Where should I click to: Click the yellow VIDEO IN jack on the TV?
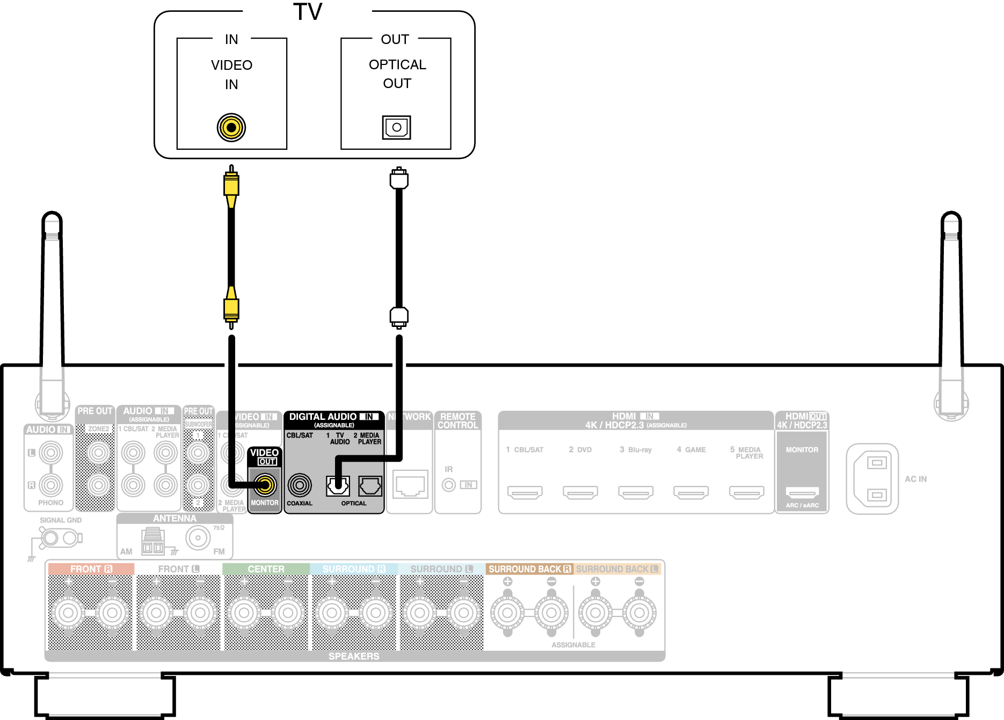click(x=231, y=128)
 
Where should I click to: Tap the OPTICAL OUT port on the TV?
click(x=397, y=127)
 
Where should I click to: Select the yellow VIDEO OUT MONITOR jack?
click(x=265, y=485)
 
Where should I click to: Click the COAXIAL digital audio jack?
click(x=300, y=485)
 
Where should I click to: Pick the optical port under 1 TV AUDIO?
click(x=338, y=486)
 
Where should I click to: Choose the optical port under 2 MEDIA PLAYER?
click(x=370, y=486)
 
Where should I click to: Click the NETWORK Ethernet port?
click(x=410, y=485)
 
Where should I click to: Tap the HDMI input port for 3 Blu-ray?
click(x=636, y=492)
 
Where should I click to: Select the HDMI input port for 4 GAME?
click(x=691, y=492)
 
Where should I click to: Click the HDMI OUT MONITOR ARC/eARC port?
click(x=802, y=492)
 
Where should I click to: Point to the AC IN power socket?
click(x=873, y=478)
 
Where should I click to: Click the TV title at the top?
click(x=308, y=12)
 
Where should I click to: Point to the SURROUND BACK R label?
click(x=529, y=569)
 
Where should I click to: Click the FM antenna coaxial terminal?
click(x=198, y=537)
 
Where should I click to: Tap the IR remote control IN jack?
click(x=449, y=485)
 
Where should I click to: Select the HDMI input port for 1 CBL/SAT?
click(x=525, y=492)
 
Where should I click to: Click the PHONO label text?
click(x=51, y=503)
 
